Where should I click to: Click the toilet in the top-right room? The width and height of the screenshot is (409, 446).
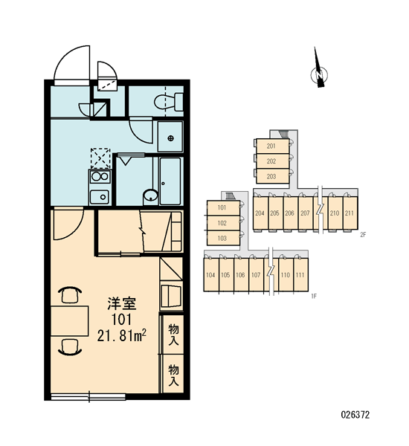(169, 102)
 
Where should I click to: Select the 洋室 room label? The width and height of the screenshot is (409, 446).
(122, 303)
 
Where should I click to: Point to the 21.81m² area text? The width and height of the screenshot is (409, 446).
(122, 336)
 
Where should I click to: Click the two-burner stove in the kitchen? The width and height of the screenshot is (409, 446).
(100, 177)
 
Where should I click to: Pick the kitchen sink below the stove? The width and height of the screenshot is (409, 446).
(100, 197)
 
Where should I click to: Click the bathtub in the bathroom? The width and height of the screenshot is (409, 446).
(170, 181)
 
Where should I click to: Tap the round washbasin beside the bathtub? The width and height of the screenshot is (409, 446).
(150, 195)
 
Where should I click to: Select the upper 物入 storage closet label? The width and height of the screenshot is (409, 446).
(173, 334)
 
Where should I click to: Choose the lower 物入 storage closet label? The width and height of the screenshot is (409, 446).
(173, 375)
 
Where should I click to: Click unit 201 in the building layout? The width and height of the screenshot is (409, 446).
(271, 146)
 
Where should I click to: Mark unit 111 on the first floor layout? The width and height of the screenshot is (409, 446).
(300, 275)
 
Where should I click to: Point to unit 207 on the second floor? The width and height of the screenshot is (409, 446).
(305, 213)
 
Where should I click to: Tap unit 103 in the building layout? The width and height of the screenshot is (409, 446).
(222, 239)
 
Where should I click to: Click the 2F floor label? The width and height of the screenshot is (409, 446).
(363, 235)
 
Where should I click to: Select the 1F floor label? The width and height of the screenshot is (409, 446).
(314, 297)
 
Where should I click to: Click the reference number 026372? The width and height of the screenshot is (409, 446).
(355, 415)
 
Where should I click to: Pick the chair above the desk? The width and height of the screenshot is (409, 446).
(70, 295)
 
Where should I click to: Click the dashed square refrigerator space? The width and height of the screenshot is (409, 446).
(100, 158)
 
